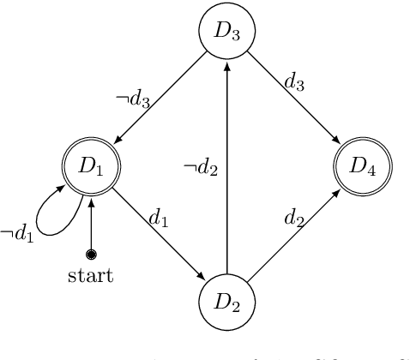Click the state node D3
click(x=226, y=33)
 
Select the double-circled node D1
click(x=91, y=165)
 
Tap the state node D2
click(x=226, y=303)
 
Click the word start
click(x=90, y=277)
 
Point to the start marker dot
click(x=91, y=255)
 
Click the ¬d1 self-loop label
click(x=16, y=231)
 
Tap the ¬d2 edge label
click(x=201, y=168)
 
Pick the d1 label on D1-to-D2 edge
click(x=159, y=219)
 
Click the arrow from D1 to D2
click(x=159, y=234)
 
